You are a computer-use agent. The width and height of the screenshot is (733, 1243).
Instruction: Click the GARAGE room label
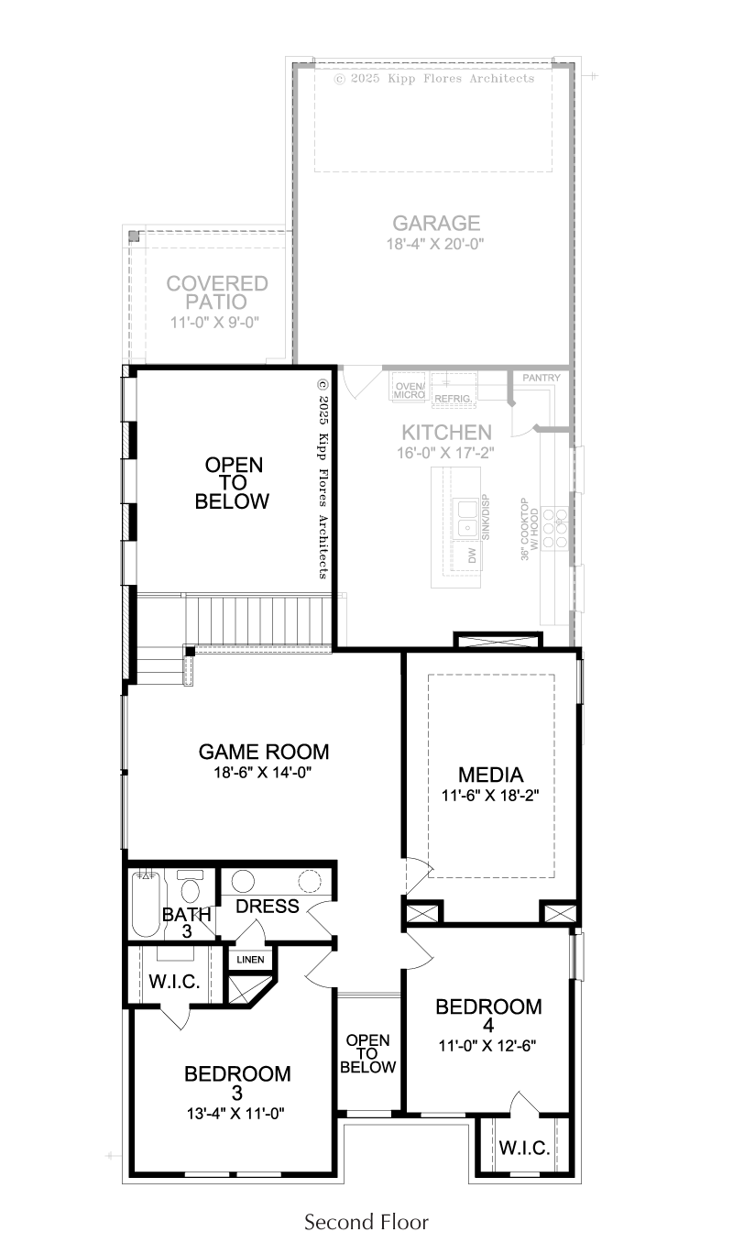click(436, 223)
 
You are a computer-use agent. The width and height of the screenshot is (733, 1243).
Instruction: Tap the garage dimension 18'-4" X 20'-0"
click(435, 244)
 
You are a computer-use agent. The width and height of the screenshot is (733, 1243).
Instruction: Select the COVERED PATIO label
click(217, 292)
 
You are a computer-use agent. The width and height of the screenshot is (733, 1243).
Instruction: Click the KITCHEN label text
click(446, 433)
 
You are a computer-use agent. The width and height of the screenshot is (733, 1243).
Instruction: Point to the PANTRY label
click(542, 378)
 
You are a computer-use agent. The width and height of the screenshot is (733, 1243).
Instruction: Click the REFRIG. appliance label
click(453, 399)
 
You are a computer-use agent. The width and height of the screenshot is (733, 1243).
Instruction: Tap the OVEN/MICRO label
click(410, 390)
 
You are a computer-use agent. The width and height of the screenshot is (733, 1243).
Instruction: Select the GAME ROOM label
click(263, 752)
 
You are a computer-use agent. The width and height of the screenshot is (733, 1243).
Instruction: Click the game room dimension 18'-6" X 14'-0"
click(263, 772)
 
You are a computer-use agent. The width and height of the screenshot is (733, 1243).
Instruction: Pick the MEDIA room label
click(491, 775)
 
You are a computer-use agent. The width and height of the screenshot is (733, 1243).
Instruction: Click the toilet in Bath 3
click(191, 886)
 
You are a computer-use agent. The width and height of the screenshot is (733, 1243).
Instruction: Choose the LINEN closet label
click(250, 960)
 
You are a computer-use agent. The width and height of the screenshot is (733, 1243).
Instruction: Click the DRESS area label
click(268, 907)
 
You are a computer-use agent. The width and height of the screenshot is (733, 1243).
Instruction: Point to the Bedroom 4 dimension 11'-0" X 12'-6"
click(487, 1045)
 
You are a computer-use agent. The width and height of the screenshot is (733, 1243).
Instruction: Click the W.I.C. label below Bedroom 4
click(524, 1147)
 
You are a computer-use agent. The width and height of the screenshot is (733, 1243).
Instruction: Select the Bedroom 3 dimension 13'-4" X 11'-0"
click(235, 1114)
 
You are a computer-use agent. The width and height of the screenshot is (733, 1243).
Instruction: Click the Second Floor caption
click(366, 1221)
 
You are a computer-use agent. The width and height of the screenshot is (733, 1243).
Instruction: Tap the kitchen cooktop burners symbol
click(554, 527)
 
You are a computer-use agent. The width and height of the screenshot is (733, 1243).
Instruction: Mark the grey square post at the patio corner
click(134, 236)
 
